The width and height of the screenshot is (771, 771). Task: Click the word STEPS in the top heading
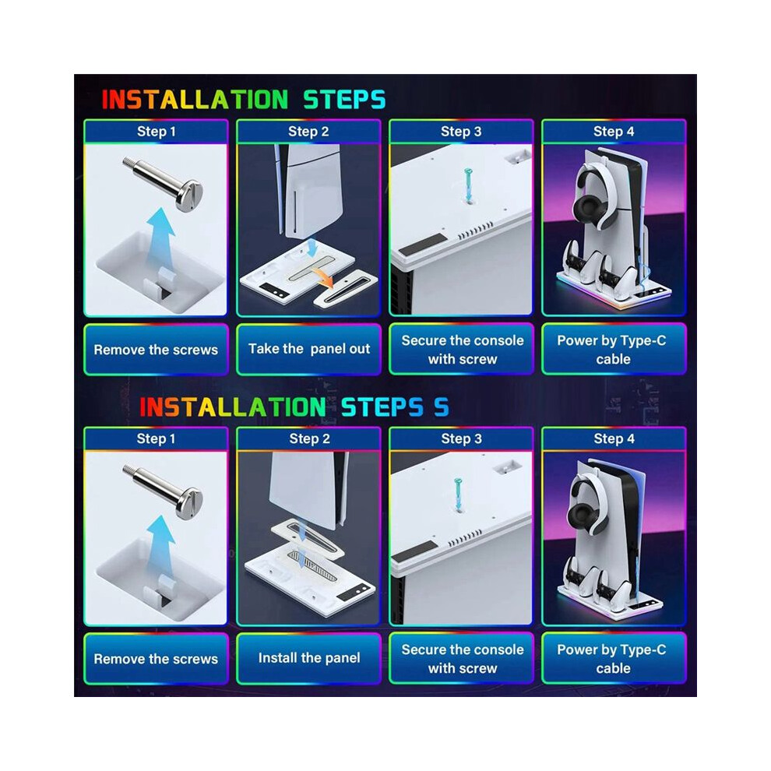(x=344, y=100)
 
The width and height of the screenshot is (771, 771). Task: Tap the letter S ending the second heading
(x=441, y=407)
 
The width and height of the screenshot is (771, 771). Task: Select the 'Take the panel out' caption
(x=309, y=349)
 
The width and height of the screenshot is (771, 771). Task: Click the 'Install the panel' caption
(x=309, y=657)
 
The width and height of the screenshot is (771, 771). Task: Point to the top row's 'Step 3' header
(x=461, y=132)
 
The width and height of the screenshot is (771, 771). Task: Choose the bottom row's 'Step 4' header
(x=614, y=438)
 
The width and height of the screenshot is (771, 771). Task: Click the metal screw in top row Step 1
(x=164, y=183)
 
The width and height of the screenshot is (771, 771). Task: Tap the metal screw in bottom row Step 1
(x=164, y=491)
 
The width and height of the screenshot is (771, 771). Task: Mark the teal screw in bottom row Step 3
(x=458, y=494)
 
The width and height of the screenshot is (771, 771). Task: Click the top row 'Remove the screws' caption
(x=156, y=350)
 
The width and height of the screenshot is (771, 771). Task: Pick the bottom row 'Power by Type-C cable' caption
(x=612, y=659)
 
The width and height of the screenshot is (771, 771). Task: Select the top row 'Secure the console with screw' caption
(x=462, y=350)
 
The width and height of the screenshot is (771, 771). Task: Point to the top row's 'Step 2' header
(x=308, y=132)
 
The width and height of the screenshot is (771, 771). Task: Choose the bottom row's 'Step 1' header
(x=156, y=438)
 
